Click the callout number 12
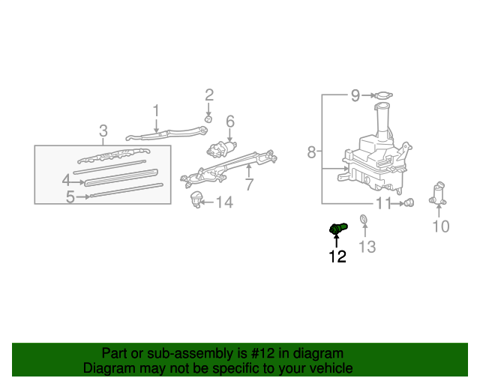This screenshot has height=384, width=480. click(x=337, y=256)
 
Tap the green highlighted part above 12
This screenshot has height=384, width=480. click(x=337, y=226)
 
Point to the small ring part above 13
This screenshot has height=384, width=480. click(x=364, y=220)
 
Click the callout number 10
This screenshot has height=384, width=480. click(x=440, y=226)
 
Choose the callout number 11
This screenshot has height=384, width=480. click(x=384, y=203)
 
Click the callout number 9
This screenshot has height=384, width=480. click(x=355, y=95)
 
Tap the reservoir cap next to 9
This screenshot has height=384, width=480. click(x=384, y=95)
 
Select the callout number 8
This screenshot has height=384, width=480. click(x=312, y=153)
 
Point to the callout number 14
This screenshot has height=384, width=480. click(x=224, y=202)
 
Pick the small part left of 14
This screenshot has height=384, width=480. click(x=198, y=199)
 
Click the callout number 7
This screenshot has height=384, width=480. click(x=249, y=184)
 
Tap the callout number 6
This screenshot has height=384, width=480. click(x=230, y=121)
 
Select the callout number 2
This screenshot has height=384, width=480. click(x=209, y=95)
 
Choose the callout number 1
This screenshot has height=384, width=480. click(x=156, y=111)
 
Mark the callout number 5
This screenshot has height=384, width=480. click(x=70, y=197)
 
